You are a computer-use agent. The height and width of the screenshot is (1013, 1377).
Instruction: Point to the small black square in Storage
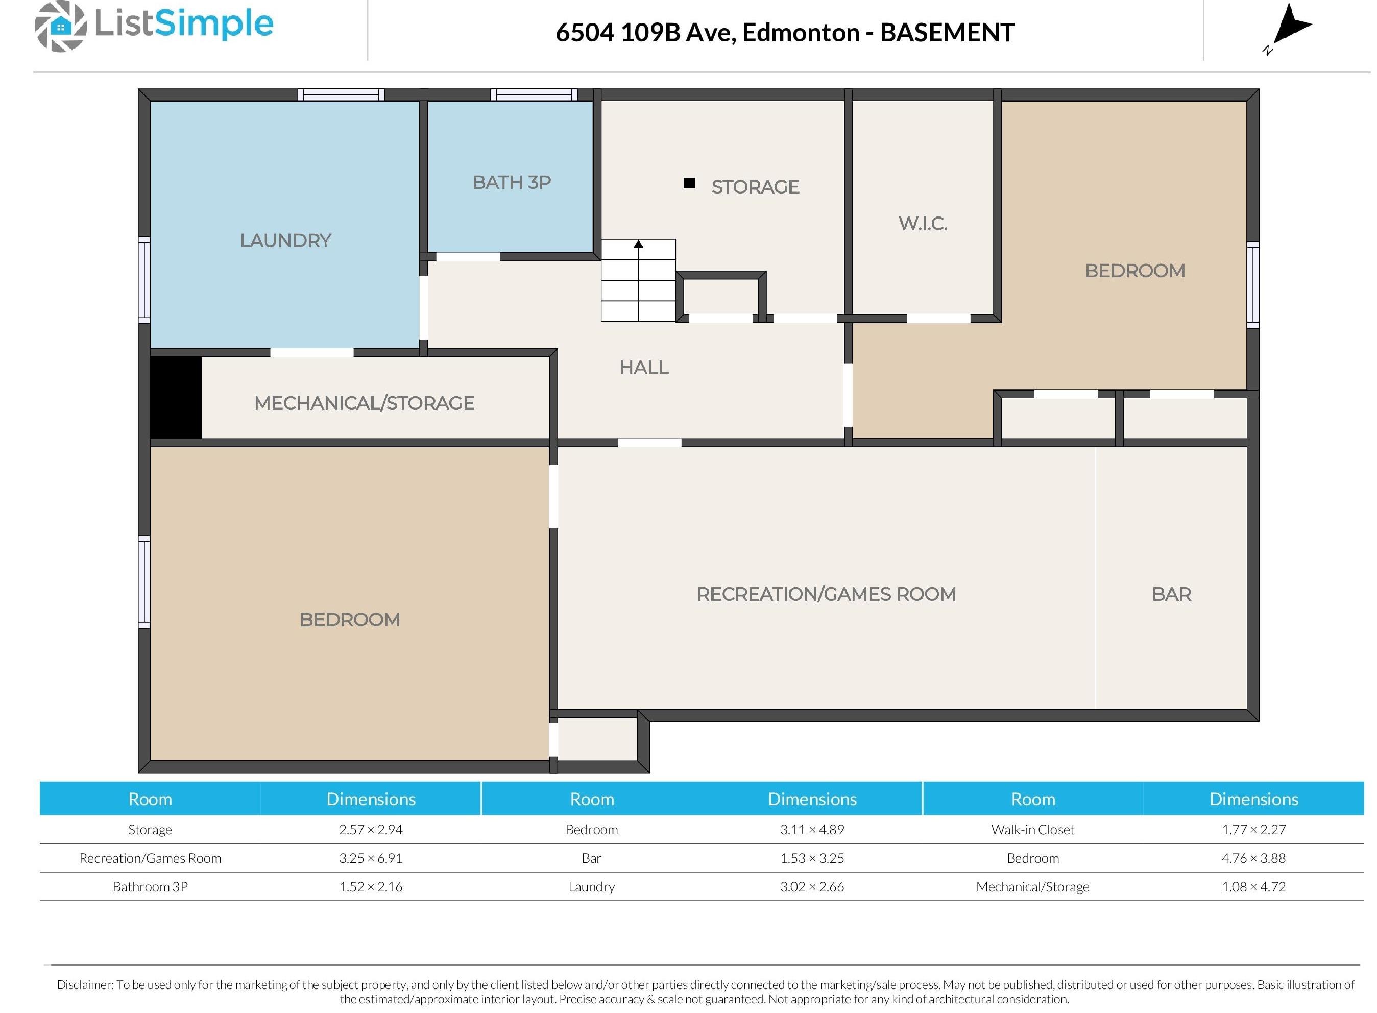[689, 183]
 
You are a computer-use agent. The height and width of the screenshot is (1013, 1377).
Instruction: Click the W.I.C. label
[923, 224]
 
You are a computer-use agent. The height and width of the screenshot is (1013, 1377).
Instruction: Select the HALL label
[644, 367]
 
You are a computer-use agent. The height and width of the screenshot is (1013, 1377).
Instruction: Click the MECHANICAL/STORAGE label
[364, 403]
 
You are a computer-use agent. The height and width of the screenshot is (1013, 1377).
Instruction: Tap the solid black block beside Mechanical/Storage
[176, 397]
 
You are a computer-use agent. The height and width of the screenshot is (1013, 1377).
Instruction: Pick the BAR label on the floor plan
[1171, 594]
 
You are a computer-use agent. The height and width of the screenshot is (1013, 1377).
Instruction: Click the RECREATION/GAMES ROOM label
[827, 594]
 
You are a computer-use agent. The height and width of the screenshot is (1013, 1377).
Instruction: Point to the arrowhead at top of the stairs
[638, 244]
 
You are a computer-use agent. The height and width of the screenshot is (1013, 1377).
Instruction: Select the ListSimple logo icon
[60, 27]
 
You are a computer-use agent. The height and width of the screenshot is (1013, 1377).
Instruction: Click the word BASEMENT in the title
[947, 33]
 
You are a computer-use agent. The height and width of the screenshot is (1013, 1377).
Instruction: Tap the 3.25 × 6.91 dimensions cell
[370, 858]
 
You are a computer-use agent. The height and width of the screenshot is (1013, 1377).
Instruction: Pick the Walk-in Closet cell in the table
[1032, 830]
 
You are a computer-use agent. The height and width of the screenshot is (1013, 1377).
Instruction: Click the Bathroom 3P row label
[150, 887]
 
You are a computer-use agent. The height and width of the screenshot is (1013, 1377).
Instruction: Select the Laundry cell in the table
[591, 887]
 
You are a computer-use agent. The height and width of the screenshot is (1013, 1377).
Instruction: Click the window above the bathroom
[534, 94]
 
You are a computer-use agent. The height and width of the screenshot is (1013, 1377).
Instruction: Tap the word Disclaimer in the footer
[85, 985]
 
